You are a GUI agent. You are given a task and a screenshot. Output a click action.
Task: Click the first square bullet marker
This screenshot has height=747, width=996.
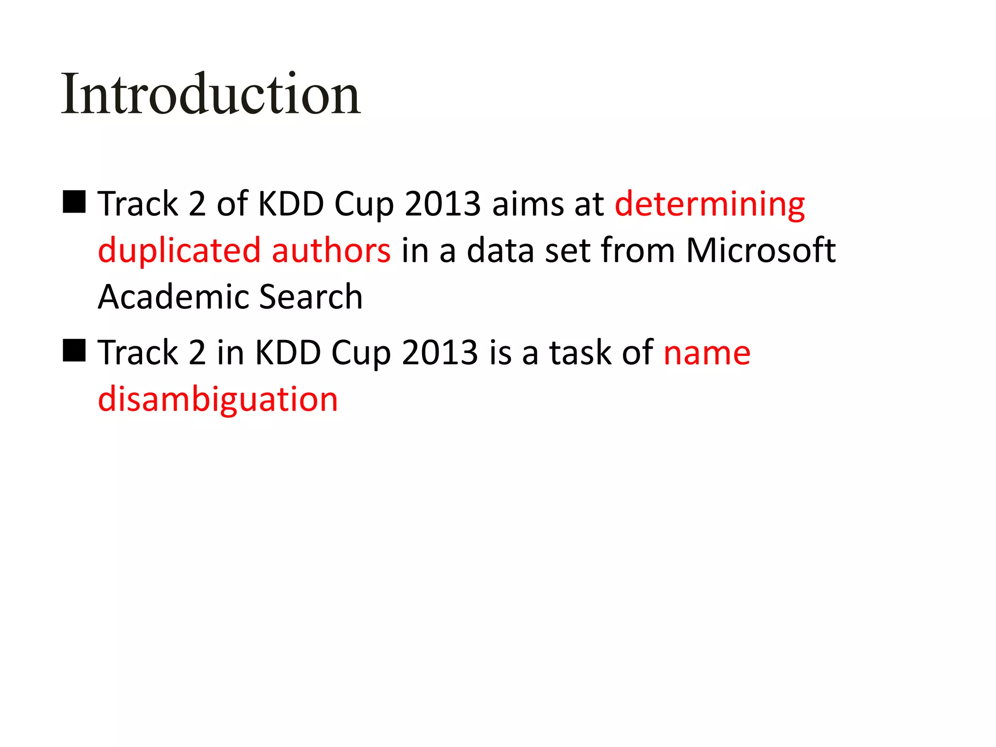click(74, 202)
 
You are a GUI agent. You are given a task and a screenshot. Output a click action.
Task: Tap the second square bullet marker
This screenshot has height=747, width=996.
click(74, 351)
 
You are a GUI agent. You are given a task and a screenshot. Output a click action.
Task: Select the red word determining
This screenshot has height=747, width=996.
click(710, 204)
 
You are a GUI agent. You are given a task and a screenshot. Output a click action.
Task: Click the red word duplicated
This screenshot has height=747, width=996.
click(179, 251)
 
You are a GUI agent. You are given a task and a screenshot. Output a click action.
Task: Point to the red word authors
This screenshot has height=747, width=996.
click(331, 251)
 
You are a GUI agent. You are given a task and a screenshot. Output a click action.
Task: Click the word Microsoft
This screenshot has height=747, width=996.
click(761, 251)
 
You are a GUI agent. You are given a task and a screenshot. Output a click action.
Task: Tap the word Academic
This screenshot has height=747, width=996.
click(173, 297)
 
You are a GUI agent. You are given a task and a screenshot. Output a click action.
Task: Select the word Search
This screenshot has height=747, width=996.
click(311, 297)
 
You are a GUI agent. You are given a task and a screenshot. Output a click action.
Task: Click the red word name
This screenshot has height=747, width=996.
click(707, 353)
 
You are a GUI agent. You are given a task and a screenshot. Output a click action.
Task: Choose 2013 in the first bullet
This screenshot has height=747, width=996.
click(443, 204)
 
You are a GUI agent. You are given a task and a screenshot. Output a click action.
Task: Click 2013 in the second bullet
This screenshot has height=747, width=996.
click(440, 353)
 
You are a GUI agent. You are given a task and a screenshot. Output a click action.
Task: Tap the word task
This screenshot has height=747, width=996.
click(580, 353)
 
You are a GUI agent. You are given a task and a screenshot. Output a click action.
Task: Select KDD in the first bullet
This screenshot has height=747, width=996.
click(290, 204)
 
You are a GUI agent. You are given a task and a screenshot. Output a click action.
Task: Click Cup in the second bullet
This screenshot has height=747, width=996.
click(361, 354)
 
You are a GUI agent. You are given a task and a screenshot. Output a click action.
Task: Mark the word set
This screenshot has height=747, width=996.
click(567, 251)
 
